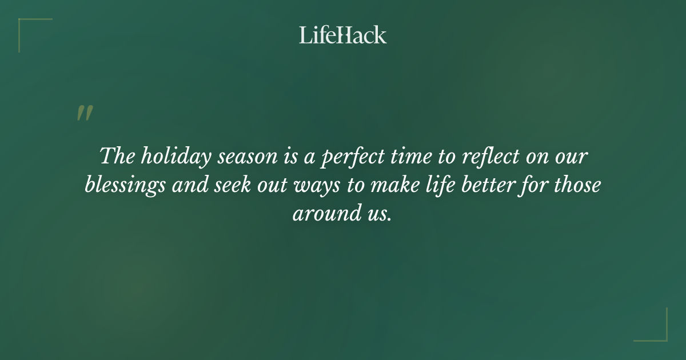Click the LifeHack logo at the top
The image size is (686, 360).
342,35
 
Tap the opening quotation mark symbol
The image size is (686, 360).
84,113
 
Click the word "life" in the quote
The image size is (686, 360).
448,186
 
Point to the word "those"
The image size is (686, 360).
577,186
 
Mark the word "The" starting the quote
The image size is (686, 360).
115,156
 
